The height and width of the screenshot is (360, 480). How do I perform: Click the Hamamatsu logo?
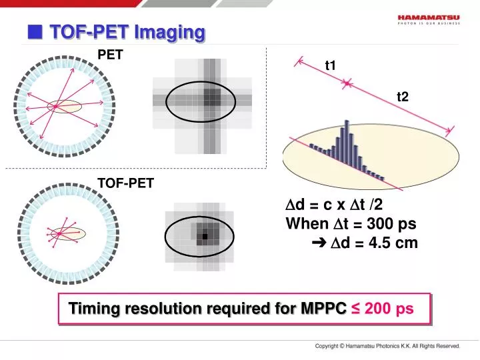point(433,19)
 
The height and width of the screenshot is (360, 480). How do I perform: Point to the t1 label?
point(331,65)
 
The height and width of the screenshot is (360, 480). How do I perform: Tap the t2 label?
point(402,97)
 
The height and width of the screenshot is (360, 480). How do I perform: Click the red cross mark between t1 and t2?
point(347,83)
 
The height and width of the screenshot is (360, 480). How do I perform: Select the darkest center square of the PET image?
point(211,98)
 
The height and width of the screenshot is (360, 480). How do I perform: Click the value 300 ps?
point(373,224)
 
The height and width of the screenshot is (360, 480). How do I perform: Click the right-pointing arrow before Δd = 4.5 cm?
point(317,243)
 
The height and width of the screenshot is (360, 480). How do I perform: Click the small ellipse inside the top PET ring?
point(64,107)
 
